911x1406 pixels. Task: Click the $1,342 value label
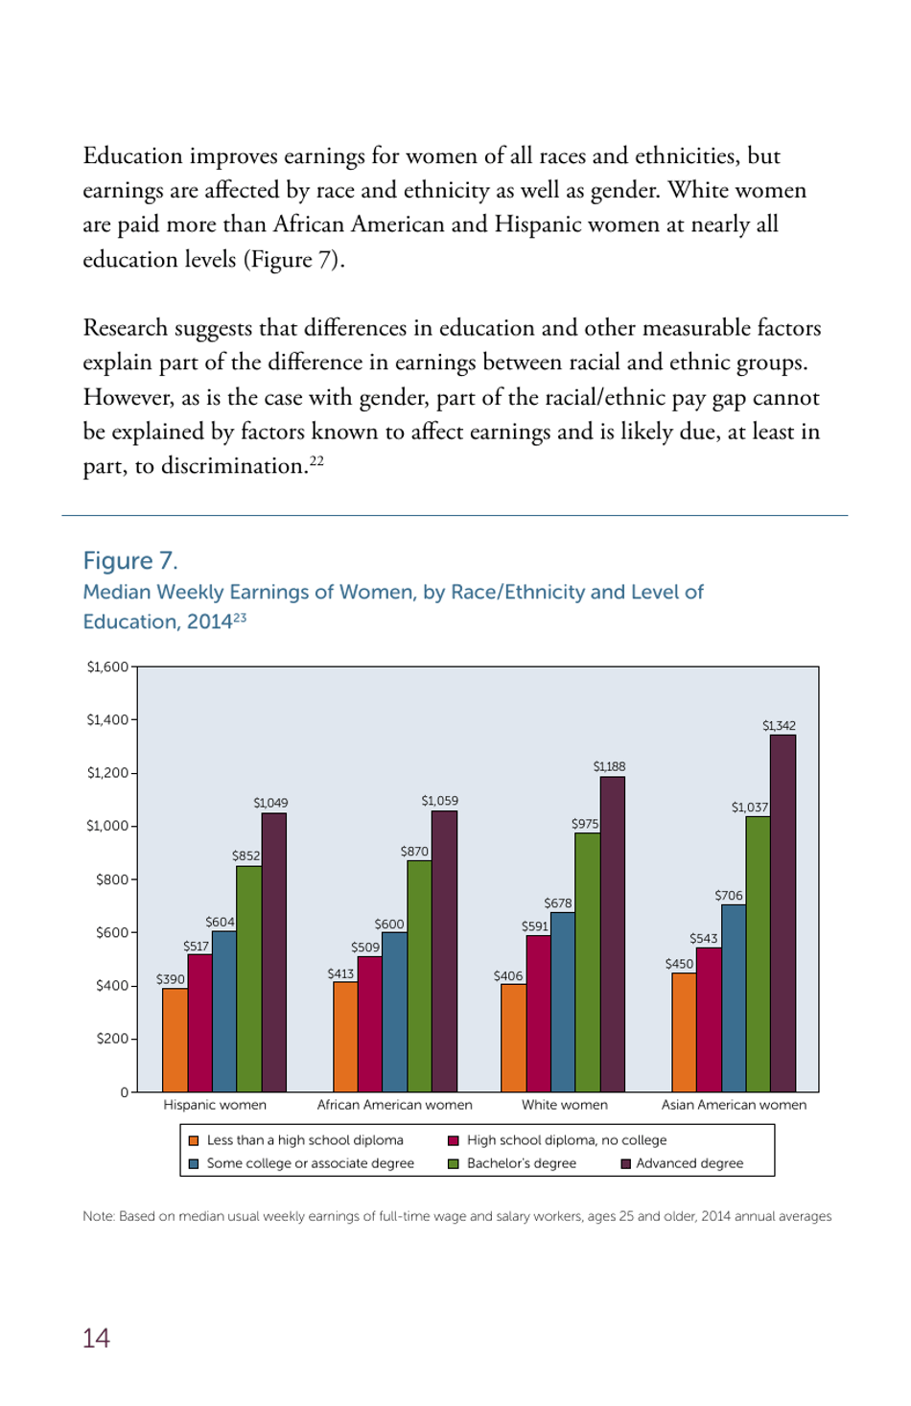point(779,726)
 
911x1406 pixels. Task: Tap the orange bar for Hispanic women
point(175,1040)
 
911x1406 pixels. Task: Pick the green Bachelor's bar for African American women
point(419,975)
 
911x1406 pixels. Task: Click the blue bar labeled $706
point(733,997)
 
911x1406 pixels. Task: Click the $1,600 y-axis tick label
point(106,667)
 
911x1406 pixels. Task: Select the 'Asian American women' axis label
point(734,1105)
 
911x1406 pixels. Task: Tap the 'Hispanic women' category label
point(215,1105)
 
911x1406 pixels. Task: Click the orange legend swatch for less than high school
point(194,1140)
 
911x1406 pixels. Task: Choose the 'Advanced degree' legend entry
point(689,1163)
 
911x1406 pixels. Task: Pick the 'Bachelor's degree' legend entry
point(521,1163)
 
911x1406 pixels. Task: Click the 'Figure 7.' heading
point(130,561)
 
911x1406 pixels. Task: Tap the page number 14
point(96,1338)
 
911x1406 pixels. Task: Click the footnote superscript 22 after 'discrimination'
point(316,460)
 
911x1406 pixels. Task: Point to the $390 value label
point(171,979)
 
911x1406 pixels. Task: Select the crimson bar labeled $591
point(538,1013)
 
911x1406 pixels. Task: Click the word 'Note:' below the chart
point(99,1216)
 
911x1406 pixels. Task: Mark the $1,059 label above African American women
point(439,801)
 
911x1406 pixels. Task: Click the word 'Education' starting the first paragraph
point(132,155)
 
